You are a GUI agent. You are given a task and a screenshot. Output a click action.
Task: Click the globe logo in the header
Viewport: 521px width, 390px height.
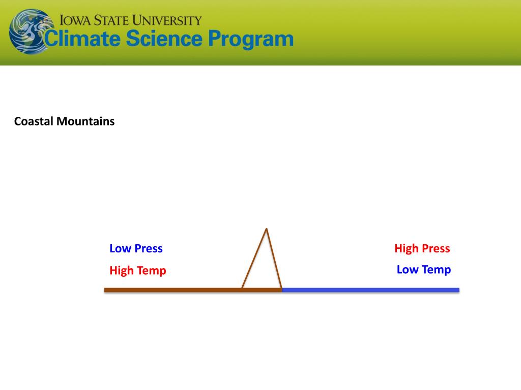(x=31, y=31)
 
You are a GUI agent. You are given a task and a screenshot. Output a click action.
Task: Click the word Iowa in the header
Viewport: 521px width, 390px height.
(x=75, y=20)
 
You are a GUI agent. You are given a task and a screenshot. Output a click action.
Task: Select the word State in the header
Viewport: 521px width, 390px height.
(x=111, y=20)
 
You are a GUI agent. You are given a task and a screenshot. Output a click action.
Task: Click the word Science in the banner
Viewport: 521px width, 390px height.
(x=164, y=39)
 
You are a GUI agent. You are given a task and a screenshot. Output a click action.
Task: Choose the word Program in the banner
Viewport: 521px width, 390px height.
(x=251, y=40)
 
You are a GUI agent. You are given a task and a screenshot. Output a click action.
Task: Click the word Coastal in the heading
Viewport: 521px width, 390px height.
(x=34, y=121)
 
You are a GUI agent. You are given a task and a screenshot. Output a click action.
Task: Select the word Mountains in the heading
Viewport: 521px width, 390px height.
(x=85, y=121)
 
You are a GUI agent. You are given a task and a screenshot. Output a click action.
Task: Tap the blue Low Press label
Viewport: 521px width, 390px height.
(x=136, y=248)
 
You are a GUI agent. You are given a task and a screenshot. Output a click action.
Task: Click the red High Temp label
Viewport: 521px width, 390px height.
(x=137, y=271)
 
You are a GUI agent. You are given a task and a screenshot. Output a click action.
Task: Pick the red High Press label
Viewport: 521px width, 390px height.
(x=422, y=248)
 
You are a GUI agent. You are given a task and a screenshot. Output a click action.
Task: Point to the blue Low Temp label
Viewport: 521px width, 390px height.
(x=424, y=270)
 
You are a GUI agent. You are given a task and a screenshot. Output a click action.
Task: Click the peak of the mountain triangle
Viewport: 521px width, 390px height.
(x=267, y=229)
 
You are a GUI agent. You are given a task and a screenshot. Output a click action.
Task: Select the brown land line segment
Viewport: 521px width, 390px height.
(x=193, y=290)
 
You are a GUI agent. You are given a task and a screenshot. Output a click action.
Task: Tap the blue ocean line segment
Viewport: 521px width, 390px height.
(x=370, y=290)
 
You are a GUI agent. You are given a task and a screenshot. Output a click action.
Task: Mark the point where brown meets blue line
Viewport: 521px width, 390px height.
(x=282, y=290)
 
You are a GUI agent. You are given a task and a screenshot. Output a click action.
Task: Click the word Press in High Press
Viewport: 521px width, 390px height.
(x=436, y=248)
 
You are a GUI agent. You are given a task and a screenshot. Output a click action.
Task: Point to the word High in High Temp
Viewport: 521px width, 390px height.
(x=121, y=271)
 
